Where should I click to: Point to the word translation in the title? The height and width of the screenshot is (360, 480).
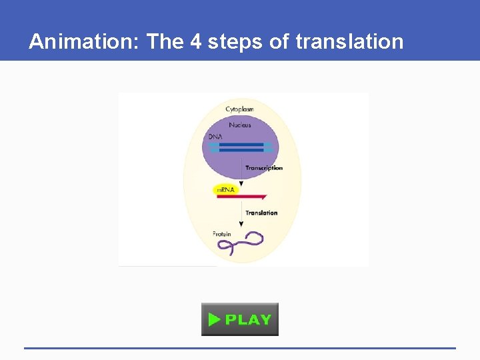point(349,42)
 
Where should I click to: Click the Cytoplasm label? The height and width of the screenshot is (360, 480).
point(239,109)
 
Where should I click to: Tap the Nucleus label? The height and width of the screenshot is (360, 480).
point(239,125)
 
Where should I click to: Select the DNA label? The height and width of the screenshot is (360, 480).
point(215,137)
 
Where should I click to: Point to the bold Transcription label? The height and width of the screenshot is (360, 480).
point(264,168)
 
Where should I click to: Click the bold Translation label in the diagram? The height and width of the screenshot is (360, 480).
point(261,213)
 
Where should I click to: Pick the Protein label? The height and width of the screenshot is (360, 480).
point(222,235)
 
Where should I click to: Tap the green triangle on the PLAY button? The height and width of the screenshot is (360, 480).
point(214,319)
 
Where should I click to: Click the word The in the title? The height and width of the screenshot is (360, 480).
point(159,42)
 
